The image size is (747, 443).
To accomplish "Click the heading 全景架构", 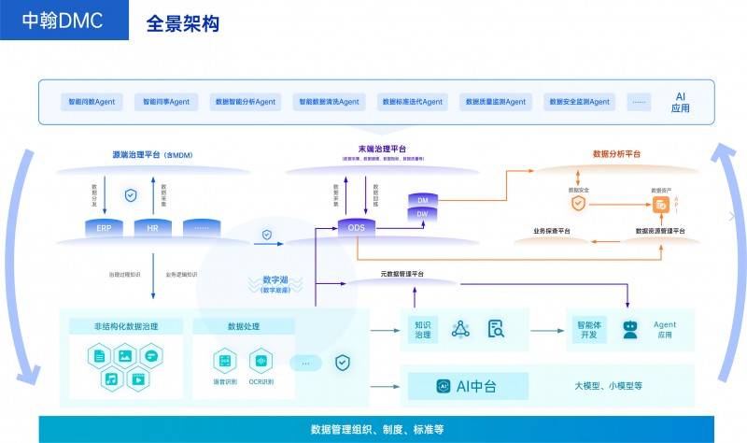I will click(183, 22).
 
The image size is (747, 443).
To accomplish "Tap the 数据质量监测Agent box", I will click(496, 102).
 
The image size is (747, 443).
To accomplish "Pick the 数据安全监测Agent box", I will click(579, 102).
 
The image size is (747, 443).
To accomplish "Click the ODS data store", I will click(357, 228).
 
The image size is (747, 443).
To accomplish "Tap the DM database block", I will click(422, 201).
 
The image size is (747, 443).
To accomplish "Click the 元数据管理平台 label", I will click(402, 274).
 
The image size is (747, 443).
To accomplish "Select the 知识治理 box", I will click(422, 328).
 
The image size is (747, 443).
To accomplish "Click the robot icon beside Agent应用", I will click(630, 328).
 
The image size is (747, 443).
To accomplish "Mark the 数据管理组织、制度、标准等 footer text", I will click(376, 430).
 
